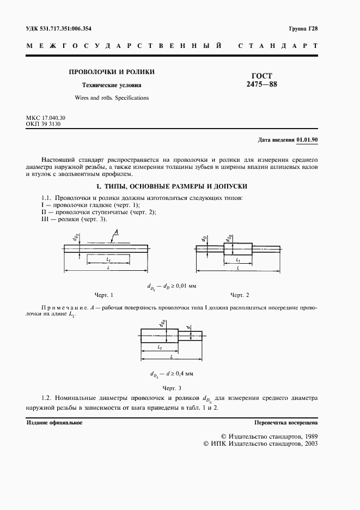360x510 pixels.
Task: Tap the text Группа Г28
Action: pyautogui.click(x=303, y=28)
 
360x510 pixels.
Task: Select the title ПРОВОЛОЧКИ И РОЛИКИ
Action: pyautogui.click(x=111, y=72)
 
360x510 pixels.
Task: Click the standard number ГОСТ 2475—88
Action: pyautogui.click(x=261, y=80)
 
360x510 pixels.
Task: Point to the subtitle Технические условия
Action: pyautogui.click(x=111, y=86)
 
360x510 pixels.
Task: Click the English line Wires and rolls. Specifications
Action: pyautogui.click(x=111, y=98)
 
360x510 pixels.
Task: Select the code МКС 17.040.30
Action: pyautogui.click(x=46, y=118)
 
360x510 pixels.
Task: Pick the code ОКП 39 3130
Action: pyautogui.click(x=43, y=124)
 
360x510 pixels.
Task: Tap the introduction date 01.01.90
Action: pyautogui.click(x=307, y=140)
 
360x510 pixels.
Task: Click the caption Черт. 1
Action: pyautogui.click(x=103, y=295)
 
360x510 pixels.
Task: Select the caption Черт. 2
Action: pyautogui.click(x=240, y=295)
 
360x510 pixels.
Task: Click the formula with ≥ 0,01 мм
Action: pyautogui.click(x=171, y=285)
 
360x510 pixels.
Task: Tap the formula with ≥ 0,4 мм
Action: pyautogui.click(x=171, y=374)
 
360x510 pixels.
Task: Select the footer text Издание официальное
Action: pyautogui.click(x=54, y=423)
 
